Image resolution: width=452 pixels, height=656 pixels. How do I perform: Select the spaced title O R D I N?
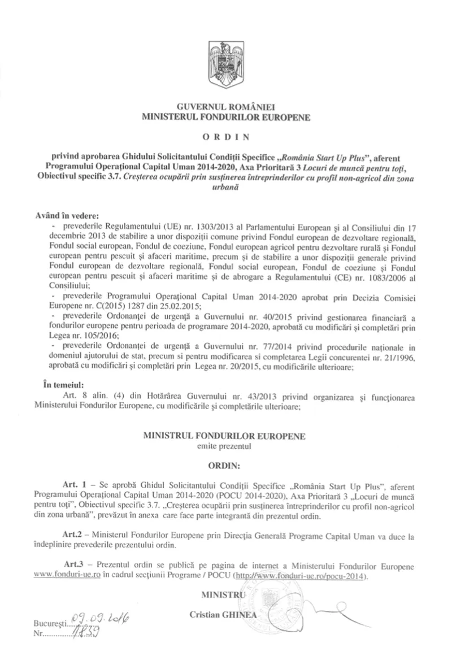(225, 136)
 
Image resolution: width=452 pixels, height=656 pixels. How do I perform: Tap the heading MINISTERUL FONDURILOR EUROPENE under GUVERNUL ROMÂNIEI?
(225, 116)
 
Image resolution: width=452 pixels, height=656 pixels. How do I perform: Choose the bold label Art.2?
(75, 534)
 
